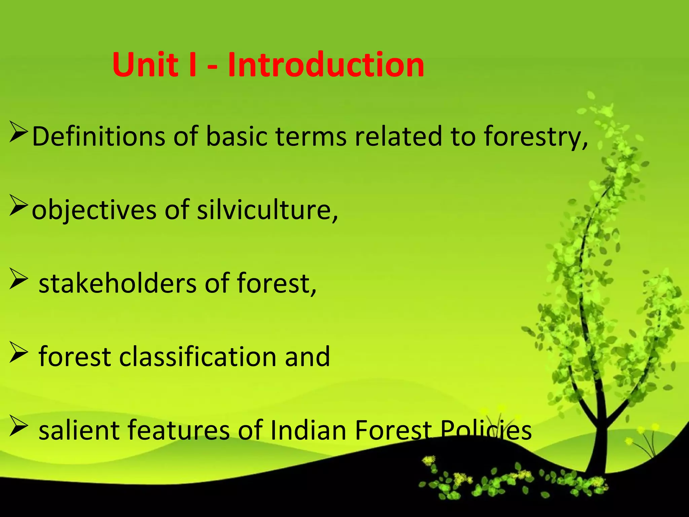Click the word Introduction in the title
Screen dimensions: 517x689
pos(326,65)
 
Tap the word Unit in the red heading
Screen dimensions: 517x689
pos(145,65)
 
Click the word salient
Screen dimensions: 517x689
pos(79,430)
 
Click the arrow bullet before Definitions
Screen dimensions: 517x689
pos(18,133)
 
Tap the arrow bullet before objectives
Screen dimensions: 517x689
pos(18,206)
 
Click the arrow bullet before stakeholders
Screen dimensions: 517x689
pos(18,279)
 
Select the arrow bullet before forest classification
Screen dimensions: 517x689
pos(18,352)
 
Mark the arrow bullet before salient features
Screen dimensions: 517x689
pos(18,426)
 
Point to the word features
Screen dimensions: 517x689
pos(178,430)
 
